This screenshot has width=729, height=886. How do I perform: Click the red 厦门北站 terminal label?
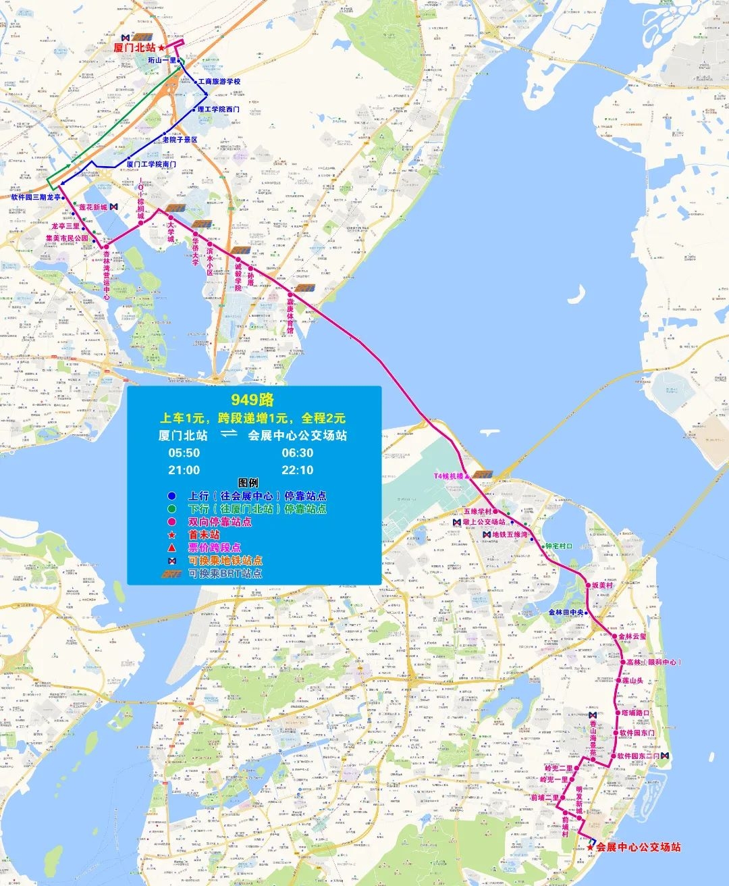[134, 47]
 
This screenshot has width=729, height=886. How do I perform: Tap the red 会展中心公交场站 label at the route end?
[638, 847]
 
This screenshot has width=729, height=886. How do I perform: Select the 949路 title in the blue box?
[252, 400]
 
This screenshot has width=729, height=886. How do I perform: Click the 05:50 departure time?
[184, 452]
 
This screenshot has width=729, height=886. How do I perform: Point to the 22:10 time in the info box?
[298, 470]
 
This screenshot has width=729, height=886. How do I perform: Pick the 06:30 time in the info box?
[298, 452]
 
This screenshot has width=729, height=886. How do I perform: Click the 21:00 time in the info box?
[184, 470]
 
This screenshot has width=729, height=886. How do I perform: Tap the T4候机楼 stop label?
[449, 476]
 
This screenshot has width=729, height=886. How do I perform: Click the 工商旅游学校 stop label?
[219, 82]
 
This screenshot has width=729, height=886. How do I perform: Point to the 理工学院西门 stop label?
[218, 109]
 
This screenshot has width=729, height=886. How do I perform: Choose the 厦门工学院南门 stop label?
[151, 164]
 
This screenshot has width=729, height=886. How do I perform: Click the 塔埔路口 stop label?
[635, 713]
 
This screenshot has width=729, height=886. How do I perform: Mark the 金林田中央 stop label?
[565, 613]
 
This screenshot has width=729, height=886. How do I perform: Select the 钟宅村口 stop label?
[559, 546]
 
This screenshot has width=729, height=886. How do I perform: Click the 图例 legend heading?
[248, 482]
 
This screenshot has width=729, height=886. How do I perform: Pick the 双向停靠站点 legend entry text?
[219, 521]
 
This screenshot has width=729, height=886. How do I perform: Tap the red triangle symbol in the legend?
[172, 548]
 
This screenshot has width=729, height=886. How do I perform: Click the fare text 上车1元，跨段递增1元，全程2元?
[252, 419]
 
